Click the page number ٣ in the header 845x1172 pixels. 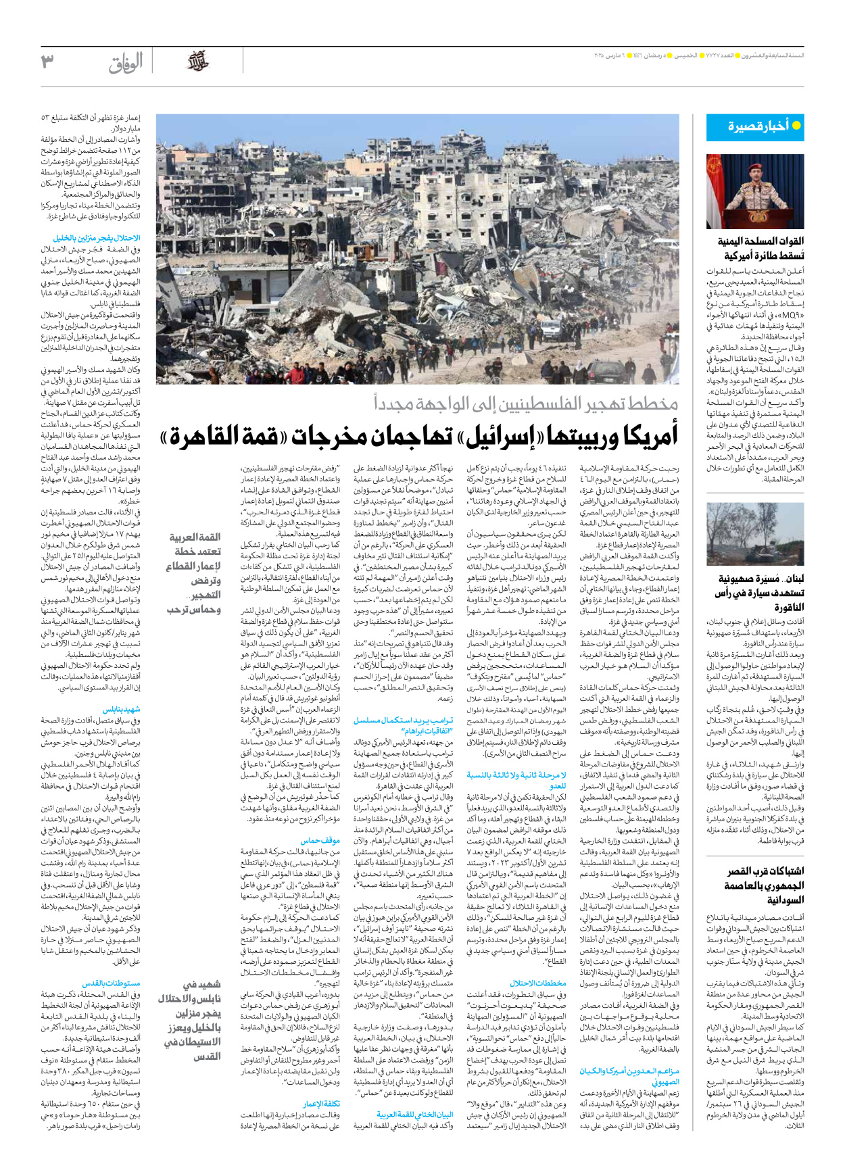(47, 62)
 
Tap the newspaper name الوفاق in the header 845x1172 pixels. (126, 63)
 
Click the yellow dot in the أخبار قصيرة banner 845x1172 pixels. (796, 126)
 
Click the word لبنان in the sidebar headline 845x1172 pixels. (792, 579)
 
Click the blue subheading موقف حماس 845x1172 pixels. (320, 840)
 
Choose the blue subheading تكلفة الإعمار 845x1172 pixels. (321, 1104)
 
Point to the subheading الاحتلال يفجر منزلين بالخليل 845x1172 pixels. (97, 238)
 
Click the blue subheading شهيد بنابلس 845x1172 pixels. (122, 710)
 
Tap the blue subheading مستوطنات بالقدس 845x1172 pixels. (112, 983)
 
